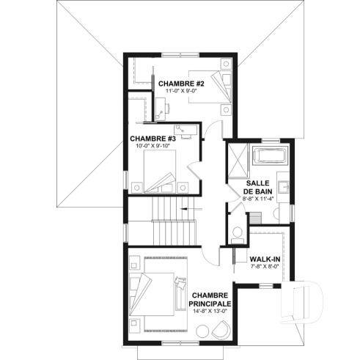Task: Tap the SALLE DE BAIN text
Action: (x=259, y=187)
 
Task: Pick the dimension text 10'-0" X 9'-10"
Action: (x=153, y=145)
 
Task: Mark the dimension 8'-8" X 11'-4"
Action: (x=259, y=197)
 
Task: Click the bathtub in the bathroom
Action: (x=268, y=156)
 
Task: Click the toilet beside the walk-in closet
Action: (x=236, y=234)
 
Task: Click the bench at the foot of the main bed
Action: (x=180, y=293)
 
